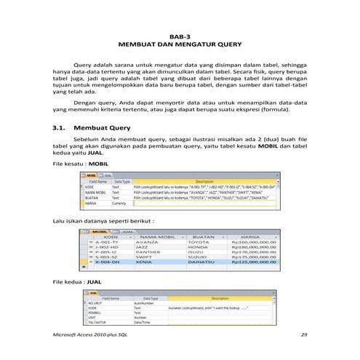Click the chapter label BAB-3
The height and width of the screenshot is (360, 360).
pos(179,35)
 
